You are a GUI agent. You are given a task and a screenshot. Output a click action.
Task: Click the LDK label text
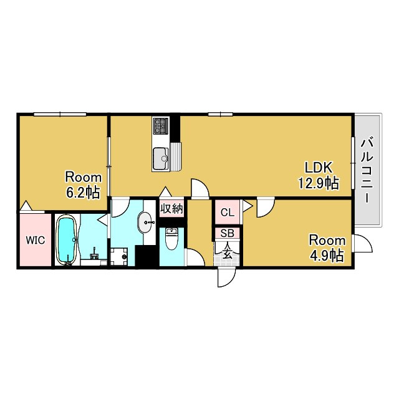(319, 168)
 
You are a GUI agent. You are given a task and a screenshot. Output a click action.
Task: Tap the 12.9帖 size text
(319, 183)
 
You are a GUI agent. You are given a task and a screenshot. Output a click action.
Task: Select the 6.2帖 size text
(83, 193)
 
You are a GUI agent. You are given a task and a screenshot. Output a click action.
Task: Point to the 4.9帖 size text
(327, 256)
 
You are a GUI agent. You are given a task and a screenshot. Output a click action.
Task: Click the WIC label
(36, 240)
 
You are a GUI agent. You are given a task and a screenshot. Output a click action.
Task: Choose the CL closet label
(227, 213)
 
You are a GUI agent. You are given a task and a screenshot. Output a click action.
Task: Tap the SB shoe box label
(227, 233)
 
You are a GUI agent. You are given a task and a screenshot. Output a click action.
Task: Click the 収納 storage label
(171, 209)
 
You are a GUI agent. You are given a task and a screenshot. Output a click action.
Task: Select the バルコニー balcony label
(367, 170)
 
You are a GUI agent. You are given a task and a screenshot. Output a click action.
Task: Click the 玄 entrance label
(227, 253)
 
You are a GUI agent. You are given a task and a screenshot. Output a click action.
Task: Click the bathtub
(67, 240)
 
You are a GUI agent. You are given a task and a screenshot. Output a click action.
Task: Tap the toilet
(171, 239)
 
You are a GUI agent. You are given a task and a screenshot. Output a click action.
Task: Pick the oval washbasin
(146, 222)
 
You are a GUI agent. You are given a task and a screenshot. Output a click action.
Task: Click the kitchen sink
(161, 158)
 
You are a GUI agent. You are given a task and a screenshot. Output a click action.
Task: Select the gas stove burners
(161, 126)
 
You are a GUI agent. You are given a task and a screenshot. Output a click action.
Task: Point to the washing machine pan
(119, 257)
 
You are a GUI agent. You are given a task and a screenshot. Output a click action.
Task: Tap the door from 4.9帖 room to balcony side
(363, 244)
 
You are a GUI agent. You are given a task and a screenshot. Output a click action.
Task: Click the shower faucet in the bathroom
(94, 254)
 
